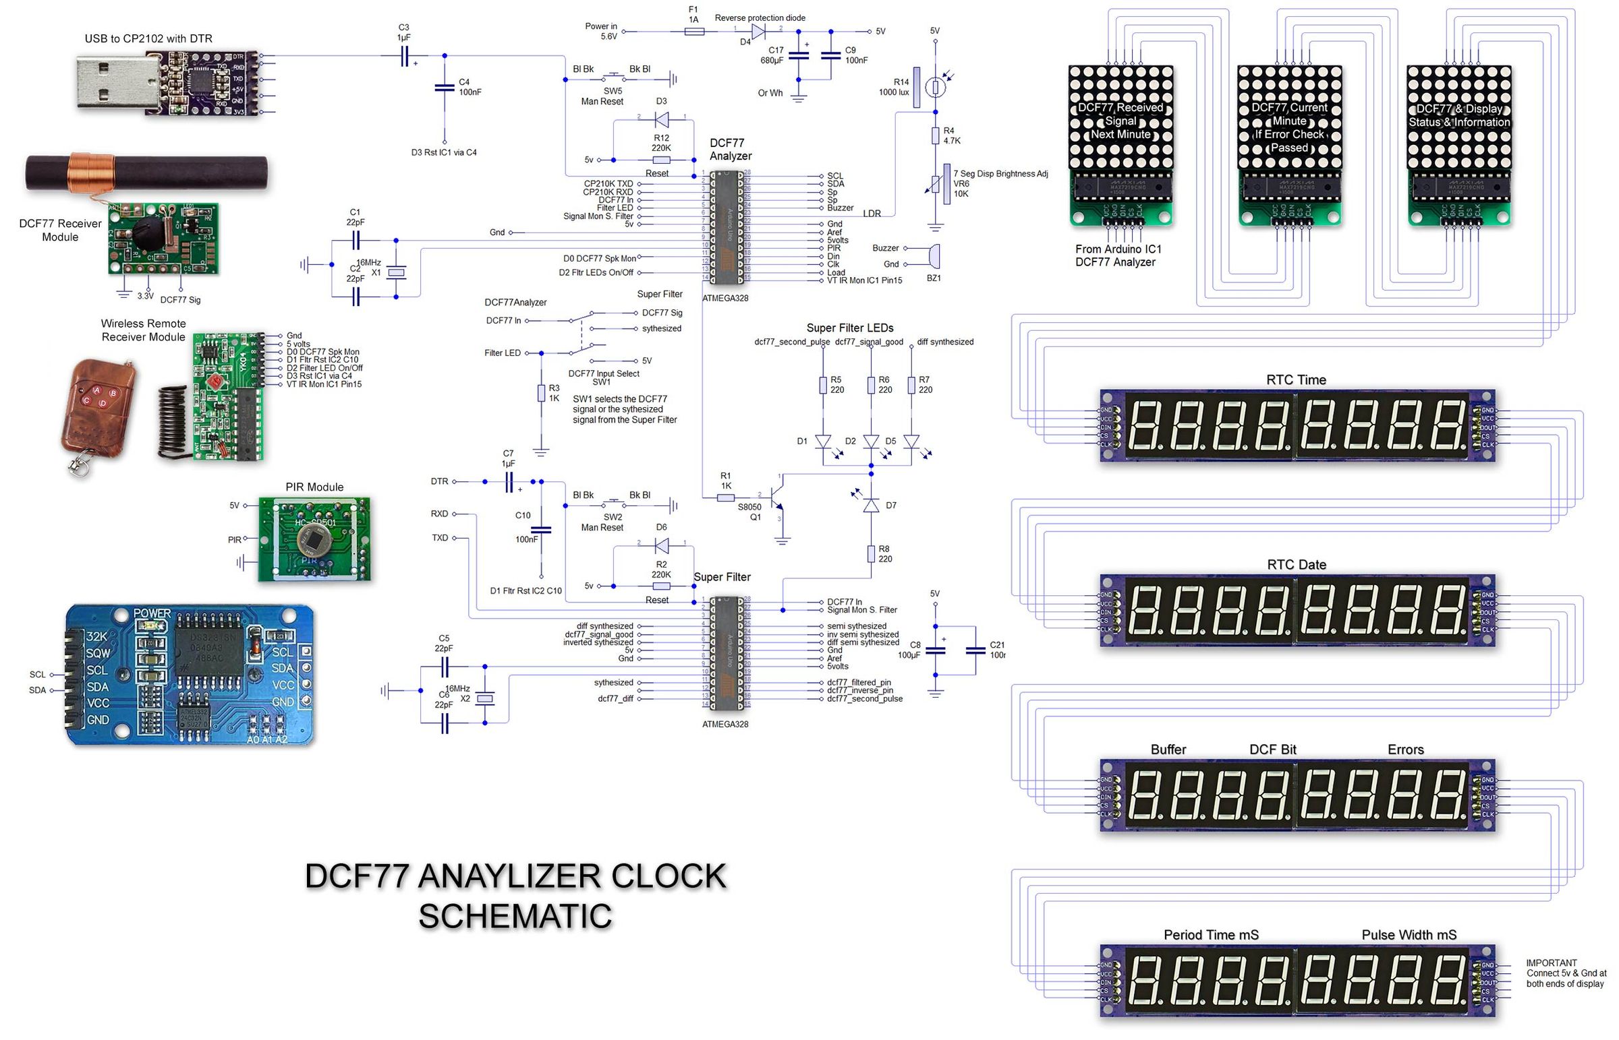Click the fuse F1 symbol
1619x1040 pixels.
[694, 31]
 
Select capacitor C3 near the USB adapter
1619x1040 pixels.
[404, 57]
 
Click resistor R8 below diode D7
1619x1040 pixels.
[872, 555]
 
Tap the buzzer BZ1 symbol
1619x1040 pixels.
[934, 257]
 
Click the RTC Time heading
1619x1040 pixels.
[1295, 379]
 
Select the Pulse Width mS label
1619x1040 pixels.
[1408, 935]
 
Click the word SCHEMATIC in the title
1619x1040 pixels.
[515, 917]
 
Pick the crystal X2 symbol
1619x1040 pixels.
[485, 698]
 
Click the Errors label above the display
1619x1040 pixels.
[1405, 750]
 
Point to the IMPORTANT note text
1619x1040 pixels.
[1566, 973]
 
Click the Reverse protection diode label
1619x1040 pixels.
[760, 18]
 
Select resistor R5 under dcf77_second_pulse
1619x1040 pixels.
[823, 385]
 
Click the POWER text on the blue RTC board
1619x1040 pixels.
[152, 613]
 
